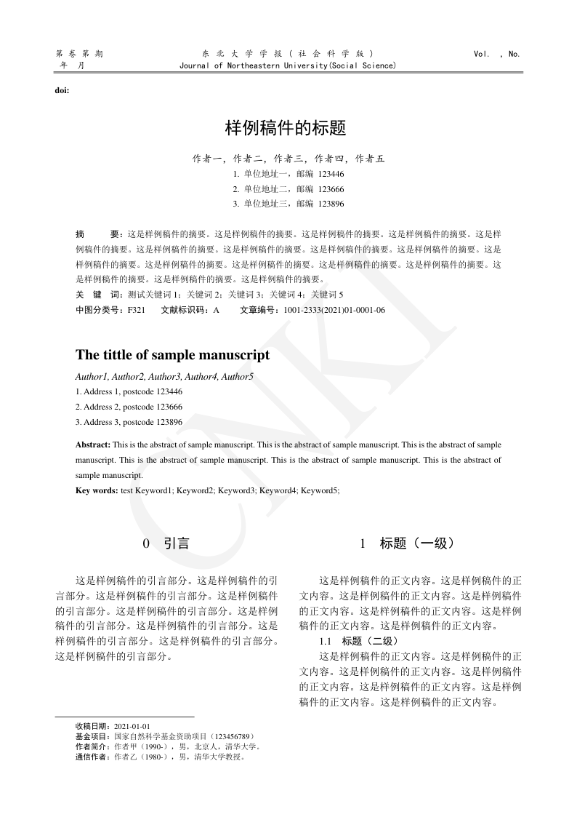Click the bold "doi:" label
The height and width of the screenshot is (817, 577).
pyautogui.click(x=62, y=90)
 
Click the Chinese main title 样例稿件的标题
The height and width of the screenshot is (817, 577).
pyautogui.click(x=286, y=129)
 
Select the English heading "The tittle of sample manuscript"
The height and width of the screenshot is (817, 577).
pyautogui.click(x=172, y=355)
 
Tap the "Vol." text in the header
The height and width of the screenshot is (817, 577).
pyautogui.click(x=482, y=54)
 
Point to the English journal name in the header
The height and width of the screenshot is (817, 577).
pyautogui.click(x=287, y=66)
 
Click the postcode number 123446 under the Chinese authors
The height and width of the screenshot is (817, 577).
pyautogui.click(x=331, y=175)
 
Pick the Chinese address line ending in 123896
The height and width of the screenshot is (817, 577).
pyautogui.click(x=288, y=204)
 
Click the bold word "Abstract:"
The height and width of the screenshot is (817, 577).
pyautogui.click(x=93, y=444)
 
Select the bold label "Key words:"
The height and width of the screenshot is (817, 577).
pyautogui.click(x=97, y=490)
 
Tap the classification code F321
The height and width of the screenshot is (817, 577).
pyautogui.click(x=137, y=310)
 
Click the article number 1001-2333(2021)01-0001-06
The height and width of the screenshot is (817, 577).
pyautogui.click(x=334, y=310)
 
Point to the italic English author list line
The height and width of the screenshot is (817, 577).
pyautogui.click(x=164, y=376)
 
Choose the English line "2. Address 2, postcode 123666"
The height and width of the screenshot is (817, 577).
pyautogui.click(x=129, y=407)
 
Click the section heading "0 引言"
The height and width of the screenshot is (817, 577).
pyautogui.click(x=166, y=543)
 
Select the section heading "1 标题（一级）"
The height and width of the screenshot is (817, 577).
pyautogui.click(x=408, y=543)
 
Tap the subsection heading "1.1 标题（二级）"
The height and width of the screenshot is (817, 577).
pyautogui.click(x=359, y=641)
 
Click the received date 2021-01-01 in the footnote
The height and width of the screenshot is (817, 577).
pyautogui.click(x=132, y=726)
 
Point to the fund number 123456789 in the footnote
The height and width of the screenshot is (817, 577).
pyautogui.click(x=230, y=736)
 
